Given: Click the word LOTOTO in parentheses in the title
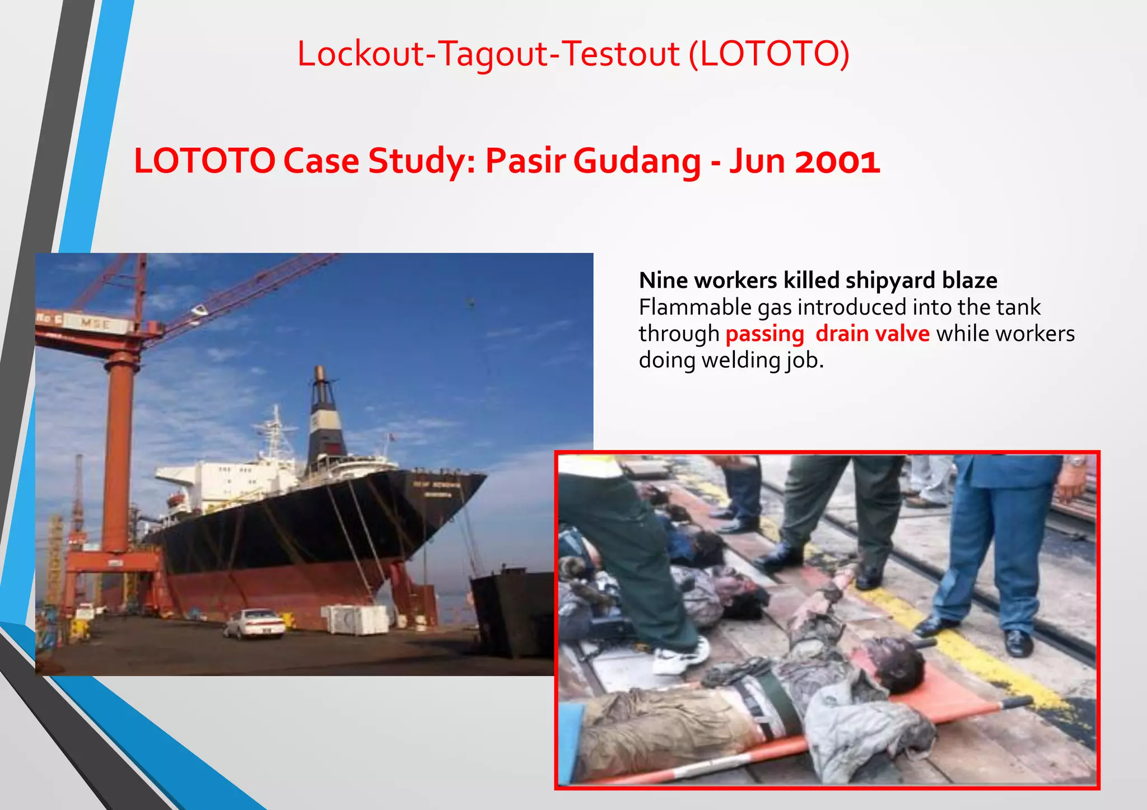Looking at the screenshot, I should pos(769,54).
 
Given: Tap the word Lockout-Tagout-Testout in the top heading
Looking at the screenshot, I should pos(488,54).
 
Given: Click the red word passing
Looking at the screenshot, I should pos(764,334).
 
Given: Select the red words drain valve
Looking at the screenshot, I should pos(872,334).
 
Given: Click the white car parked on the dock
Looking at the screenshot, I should pos(255,623).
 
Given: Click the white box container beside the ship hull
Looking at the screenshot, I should pos(355,619).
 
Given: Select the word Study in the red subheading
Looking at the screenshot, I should pos(421,161).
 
